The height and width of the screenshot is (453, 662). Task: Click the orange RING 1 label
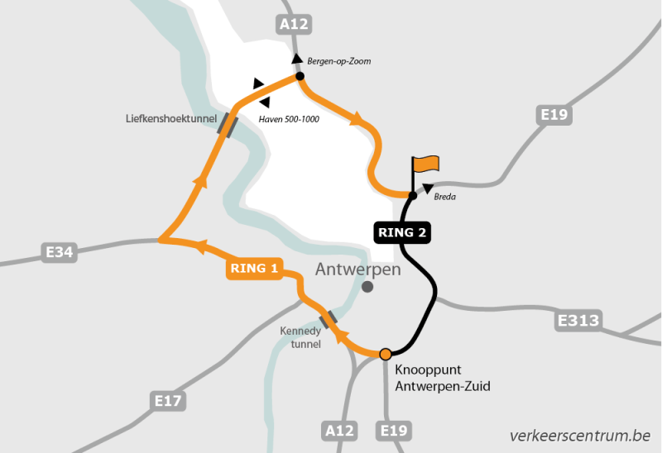click(x=254, y=269)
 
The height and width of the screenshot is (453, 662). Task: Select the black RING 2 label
click(x=401, y=232)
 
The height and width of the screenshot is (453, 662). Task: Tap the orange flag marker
click(x=427, y=165)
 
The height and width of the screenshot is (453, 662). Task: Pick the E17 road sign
click(x=168, y=402)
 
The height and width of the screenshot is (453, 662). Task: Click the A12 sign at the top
click(x=294, y=25)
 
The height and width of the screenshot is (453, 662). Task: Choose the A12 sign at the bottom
click(x=339, y=430)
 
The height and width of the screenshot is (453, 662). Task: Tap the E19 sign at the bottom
click(x=393, y=430)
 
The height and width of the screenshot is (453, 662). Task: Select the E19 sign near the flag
click(x=554, y=115)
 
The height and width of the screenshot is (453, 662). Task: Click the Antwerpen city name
click(x=358, y=269)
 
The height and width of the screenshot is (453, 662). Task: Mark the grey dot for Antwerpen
click(x=367, y=287)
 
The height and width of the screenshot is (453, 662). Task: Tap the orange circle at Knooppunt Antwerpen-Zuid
click(x=385, y=355)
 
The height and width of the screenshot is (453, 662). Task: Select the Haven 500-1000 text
click(x=289, y=119)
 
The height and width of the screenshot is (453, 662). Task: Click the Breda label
click(x=445, y=197)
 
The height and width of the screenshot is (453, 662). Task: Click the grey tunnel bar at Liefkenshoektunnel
click(x=228, y=125)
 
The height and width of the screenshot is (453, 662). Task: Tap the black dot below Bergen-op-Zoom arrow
click(x=300, y=76)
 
